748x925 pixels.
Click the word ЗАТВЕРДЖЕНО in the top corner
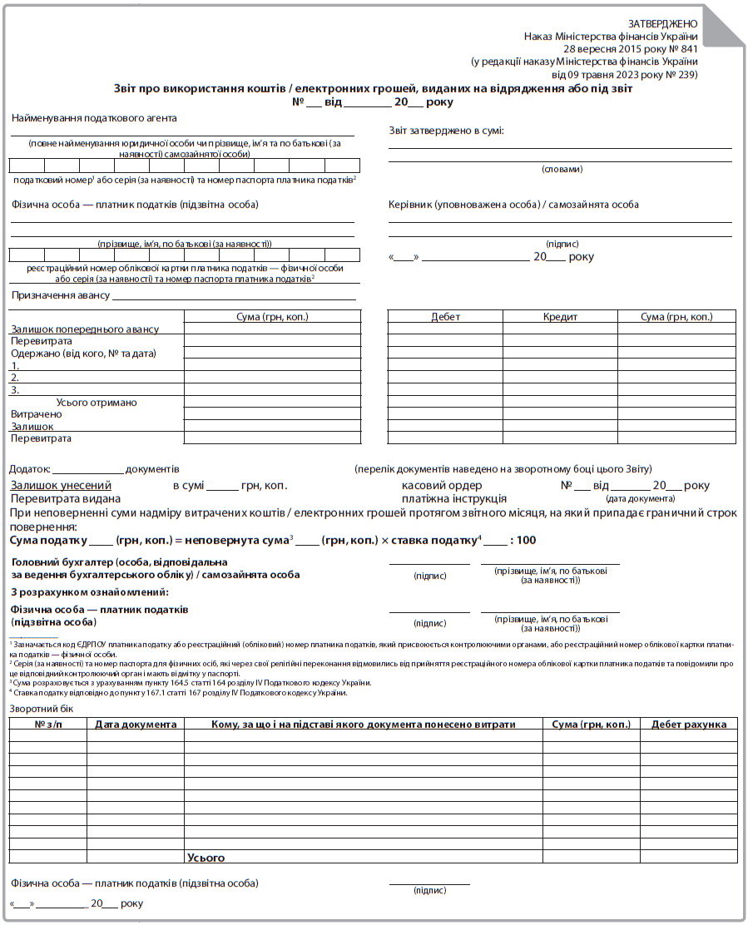click(663, 24)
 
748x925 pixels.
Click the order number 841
click(686, 49)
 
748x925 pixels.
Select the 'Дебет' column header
click(445, 317)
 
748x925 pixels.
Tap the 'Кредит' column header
click(560, 317)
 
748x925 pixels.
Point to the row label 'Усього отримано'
click(97, 403)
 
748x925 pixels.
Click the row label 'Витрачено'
click(36, 414)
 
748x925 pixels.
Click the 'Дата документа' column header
click(136, 725)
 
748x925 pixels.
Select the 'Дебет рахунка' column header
click(689, 725)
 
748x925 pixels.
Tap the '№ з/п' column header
click(48, 725)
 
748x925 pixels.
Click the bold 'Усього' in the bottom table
click(206, 858)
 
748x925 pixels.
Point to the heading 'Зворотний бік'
click(42, 708)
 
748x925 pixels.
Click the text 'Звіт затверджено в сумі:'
click(446, 131)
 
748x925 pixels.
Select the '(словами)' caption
click(562, 169)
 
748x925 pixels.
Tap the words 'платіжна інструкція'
click(453, 498)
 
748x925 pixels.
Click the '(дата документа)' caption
click(641, 498)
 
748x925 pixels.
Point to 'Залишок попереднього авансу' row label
click(84, 329)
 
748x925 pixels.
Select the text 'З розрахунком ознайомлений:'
click(90, 592)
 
